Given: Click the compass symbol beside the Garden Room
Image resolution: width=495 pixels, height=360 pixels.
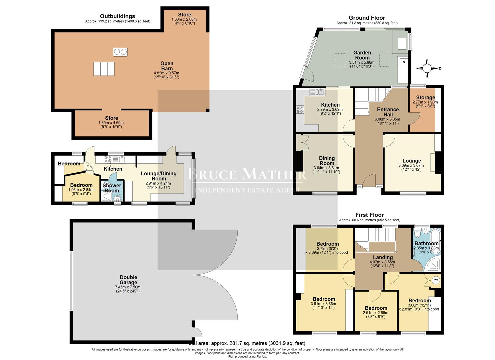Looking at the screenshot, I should (426, 68).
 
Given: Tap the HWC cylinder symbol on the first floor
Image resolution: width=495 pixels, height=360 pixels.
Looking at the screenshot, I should (435, 280).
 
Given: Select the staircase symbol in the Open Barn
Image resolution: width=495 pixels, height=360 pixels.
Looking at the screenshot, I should (104, 69).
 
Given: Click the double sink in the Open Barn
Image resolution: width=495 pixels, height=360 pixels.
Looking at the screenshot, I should (120, 52).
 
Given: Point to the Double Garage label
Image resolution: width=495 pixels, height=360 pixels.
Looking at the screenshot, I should (128, 280).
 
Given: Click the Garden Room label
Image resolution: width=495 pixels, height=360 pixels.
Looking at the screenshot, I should (362, 55).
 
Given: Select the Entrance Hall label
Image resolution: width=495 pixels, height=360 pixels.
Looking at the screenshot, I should (388, 112).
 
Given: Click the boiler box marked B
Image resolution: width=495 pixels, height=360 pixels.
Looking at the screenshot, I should (404, 62).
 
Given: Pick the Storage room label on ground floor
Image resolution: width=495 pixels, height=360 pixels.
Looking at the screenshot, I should (425, 98).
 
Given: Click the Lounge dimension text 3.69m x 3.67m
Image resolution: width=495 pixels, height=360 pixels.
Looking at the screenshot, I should (411, 165).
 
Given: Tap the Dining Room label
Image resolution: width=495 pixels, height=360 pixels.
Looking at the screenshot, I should (327, 161).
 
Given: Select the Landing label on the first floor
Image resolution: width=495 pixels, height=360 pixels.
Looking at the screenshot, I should (383, 257).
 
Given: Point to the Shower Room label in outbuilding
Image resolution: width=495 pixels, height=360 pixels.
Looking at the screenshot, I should (112, 188).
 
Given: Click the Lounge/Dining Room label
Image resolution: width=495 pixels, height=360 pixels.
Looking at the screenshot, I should (158, 176).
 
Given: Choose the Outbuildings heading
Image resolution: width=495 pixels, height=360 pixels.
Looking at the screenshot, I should (117, 16).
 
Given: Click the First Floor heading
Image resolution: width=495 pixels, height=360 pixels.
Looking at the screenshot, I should (369, 215).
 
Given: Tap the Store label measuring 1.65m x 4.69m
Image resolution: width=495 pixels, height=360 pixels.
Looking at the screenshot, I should (111, 118).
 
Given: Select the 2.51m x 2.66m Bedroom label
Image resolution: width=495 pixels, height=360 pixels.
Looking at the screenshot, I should (376, 308).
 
